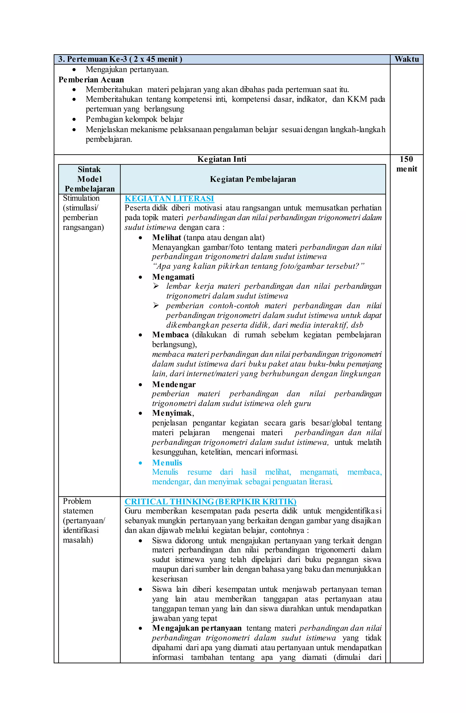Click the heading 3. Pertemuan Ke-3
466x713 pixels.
(120, 59)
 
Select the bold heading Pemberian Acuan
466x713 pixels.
(91, 80)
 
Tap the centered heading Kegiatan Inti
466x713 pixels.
(222, 159)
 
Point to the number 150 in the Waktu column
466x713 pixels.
(406, 159)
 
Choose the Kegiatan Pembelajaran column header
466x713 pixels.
(253, 179)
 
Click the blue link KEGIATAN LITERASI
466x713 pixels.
(169, 198)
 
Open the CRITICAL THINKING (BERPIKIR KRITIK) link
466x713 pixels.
(210, 502)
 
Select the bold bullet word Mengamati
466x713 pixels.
(173, 277)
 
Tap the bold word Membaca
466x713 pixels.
(170, 335)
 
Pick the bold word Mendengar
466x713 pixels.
(174, 384)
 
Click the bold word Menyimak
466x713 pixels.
(172, 413)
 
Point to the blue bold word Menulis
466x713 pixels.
(167, 463)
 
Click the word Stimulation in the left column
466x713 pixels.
(81, 198)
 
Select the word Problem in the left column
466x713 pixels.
(77, 501)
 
